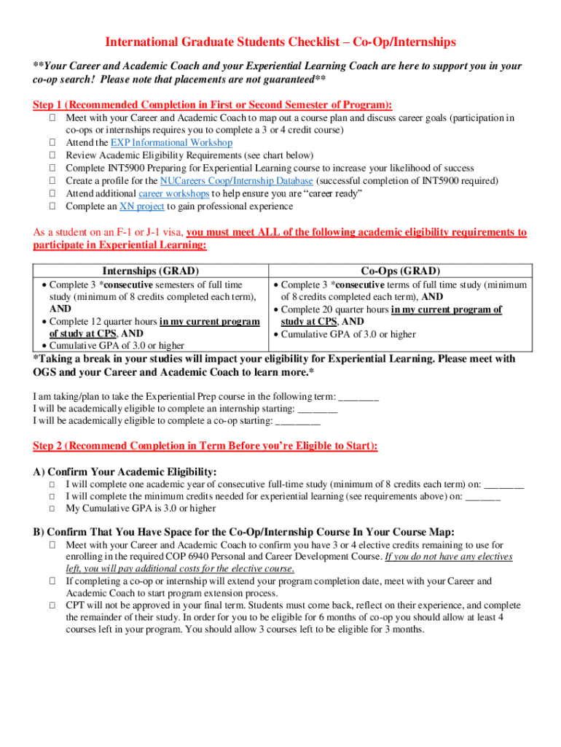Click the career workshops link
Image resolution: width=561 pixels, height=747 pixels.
173,193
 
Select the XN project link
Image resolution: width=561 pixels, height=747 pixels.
141,206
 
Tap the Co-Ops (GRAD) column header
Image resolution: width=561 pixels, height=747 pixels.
400,271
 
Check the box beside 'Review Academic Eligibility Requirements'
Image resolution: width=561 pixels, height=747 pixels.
53,156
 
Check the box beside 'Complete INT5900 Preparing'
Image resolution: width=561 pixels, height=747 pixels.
53,169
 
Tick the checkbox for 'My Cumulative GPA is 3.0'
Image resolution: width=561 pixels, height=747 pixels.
53,508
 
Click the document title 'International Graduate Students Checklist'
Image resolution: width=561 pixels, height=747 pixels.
280,43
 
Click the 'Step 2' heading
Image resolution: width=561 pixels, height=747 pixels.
205,446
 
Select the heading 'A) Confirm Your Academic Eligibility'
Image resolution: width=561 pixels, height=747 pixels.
125,472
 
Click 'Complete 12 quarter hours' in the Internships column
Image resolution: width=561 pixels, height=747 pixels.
103,322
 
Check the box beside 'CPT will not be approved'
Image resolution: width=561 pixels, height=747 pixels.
53,605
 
